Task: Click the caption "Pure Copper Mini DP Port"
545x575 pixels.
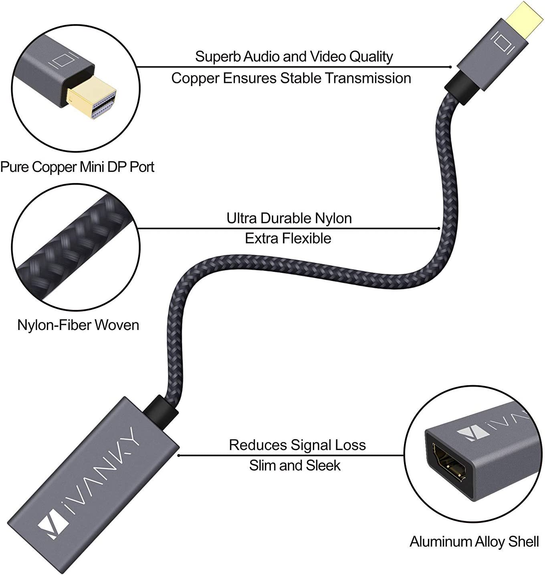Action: pos(77,167)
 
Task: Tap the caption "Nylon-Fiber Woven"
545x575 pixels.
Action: pos(78,325)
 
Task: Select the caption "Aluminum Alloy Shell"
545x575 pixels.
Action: pos(474,541)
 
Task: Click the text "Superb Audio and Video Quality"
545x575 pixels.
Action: pos(294,56)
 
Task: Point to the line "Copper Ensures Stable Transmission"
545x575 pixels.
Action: pos(291,78)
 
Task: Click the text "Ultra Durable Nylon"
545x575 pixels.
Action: pos(289,218)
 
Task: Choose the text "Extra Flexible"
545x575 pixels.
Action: pos(288,238)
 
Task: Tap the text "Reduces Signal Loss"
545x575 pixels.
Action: pos(297,445)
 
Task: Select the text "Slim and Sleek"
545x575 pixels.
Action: pos(295,465)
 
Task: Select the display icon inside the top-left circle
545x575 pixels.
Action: pos(61,59)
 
